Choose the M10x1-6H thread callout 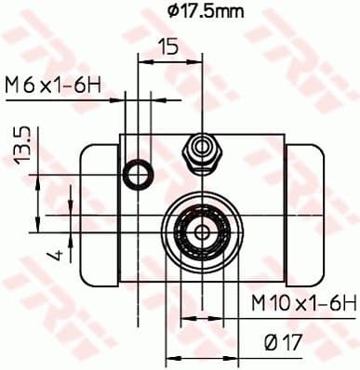tap(303, 301)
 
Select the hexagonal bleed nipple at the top tap(200, 149)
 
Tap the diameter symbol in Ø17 tap(270, 342)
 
